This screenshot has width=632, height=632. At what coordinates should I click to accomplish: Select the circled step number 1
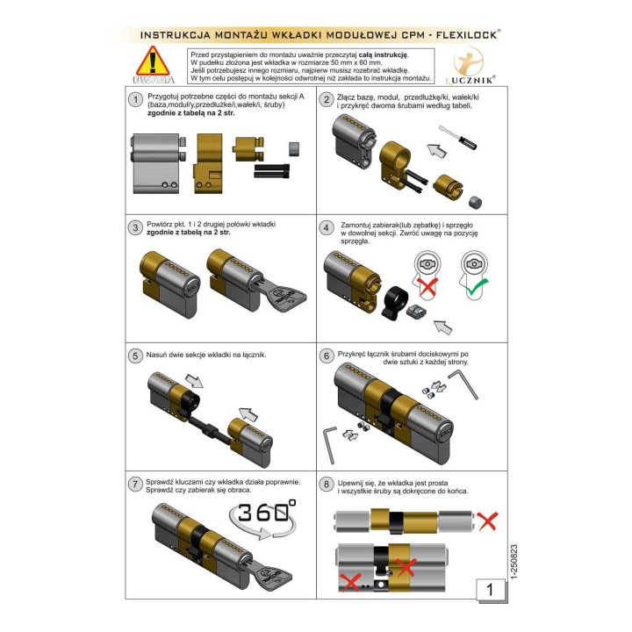click(135, 99)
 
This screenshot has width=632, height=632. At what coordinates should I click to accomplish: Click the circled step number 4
click(327, 227)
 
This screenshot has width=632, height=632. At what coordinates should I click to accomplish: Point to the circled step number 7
click(135, 484)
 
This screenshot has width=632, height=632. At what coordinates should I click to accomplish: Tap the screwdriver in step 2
click(457, 137)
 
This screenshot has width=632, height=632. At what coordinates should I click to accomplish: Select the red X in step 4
click(427, 286)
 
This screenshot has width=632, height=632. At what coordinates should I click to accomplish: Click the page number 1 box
click(490, 590)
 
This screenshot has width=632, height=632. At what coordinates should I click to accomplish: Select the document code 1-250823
click(513, 562)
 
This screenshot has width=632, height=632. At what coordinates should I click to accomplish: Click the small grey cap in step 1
click(294, 148)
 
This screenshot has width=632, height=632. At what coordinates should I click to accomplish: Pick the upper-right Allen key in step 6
click(463, 384)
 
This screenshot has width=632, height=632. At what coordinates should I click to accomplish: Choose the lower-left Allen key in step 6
click(330, 444)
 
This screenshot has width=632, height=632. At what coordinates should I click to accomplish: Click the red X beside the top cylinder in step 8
click(487, 521)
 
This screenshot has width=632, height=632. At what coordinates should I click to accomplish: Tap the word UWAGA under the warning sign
click(154, 80)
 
